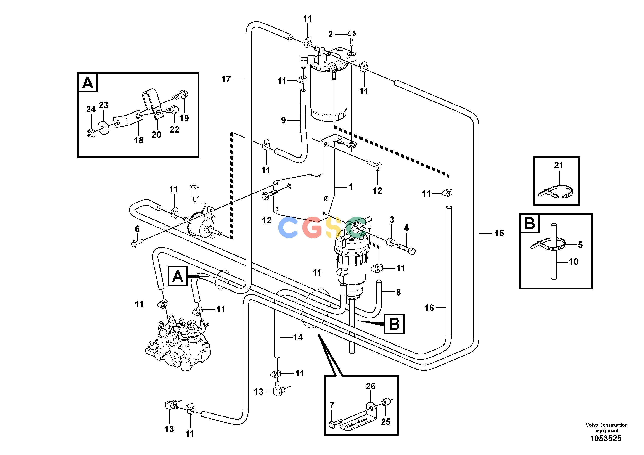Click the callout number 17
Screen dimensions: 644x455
226,79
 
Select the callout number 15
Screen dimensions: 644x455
499,233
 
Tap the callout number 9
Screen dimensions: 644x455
283,120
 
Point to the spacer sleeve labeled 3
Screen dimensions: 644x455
390,241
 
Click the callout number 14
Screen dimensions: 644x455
298,337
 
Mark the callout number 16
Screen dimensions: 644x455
429,308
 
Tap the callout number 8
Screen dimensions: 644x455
398,292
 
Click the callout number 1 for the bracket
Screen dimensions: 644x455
351,187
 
